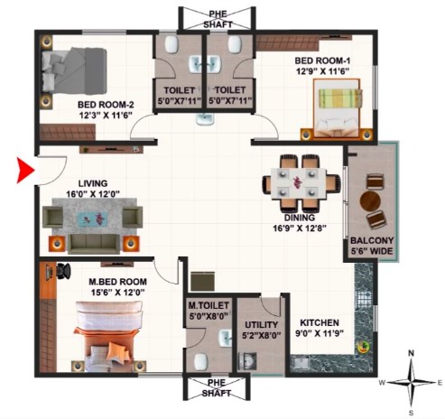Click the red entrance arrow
[x=25, y=170]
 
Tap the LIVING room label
[x=93, y=183]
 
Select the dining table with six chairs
[x=301, y=183]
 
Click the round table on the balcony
[x=370, y=200]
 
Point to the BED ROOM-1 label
[x=322, y=61]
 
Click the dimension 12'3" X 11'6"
[x=106, y=116]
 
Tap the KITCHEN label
[x=320, y=322]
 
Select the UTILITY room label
[x=261, y=325]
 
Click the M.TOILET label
[x=209, y=305]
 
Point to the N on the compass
[x=411, y=353]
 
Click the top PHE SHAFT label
[x=218, y=19]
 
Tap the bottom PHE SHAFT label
[x=217, y=387]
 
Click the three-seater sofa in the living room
[x=94, y=244]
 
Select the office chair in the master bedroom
[x=63, y=271]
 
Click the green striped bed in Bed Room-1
[x=337, y=108]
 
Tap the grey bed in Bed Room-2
[x=74, y=71]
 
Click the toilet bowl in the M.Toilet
[x=200, y=361]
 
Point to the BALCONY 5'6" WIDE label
[x=372, y=246]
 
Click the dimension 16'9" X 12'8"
[x=300, y=228]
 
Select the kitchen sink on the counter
[x=301, y=362]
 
